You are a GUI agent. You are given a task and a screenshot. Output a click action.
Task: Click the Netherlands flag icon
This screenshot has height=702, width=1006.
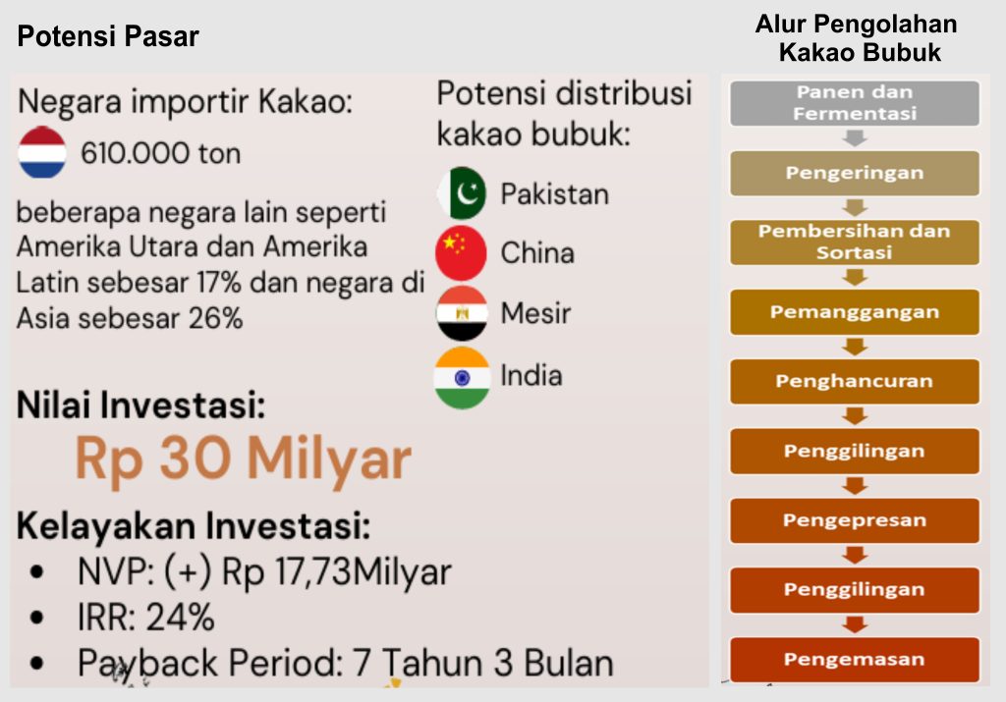[x=42, y=152]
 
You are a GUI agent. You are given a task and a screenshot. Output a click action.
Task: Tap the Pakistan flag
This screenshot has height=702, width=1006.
[x=462, y=193]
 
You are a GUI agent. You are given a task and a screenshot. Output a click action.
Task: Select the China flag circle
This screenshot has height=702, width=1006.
[x=462, y=252]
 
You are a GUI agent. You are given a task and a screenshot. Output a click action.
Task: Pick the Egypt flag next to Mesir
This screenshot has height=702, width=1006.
[x=462, y=313]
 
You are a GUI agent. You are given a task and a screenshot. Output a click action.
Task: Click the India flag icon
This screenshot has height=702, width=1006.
[x=462, y=378]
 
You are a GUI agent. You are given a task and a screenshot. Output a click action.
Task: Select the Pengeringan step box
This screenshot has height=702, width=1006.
[x=855, y=173]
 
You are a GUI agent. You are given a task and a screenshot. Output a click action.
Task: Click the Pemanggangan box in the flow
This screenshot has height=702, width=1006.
[x=855, y=312]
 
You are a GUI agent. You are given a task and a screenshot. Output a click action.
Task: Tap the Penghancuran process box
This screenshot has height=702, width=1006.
[x=855, y=382]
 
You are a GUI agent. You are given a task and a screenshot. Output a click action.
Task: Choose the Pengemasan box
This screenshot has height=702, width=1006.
[x=855, y=660]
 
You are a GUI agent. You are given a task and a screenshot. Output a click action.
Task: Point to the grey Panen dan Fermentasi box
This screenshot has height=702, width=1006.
[x=855, y=102]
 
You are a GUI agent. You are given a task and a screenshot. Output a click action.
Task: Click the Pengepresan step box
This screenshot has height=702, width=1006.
[x=855, y=520]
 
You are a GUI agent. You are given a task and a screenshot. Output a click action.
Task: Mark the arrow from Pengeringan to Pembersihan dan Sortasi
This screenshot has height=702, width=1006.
[x=855, y=208]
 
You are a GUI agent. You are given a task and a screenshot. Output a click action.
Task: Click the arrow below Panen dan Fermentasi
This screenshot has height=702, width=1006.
[x=855, y=137]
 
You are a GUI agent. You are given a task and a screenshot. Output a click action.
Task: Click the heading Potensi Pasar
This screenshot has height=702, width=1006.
[x=108, y=36]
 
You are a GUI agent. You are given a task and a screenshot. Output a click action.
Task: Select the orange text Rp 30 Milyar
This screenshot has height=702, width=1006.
[x=244, y=459]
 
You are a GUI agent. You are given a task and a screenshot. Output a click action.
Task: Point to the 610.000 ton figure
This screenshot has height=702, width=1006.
[x=160, y=154]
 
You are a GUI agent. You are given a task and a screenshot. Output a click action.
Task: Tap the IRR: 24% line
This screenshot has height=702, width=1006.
[x=145, y=618]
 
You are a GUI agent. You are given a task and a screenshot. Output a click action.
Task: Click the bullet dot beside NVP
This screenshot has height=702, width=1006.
[x=36, y=571]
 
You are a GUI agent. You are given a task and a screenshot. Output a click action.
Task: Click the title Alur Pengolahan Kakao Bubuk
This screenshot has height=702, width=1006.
[x=857, y=38]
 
